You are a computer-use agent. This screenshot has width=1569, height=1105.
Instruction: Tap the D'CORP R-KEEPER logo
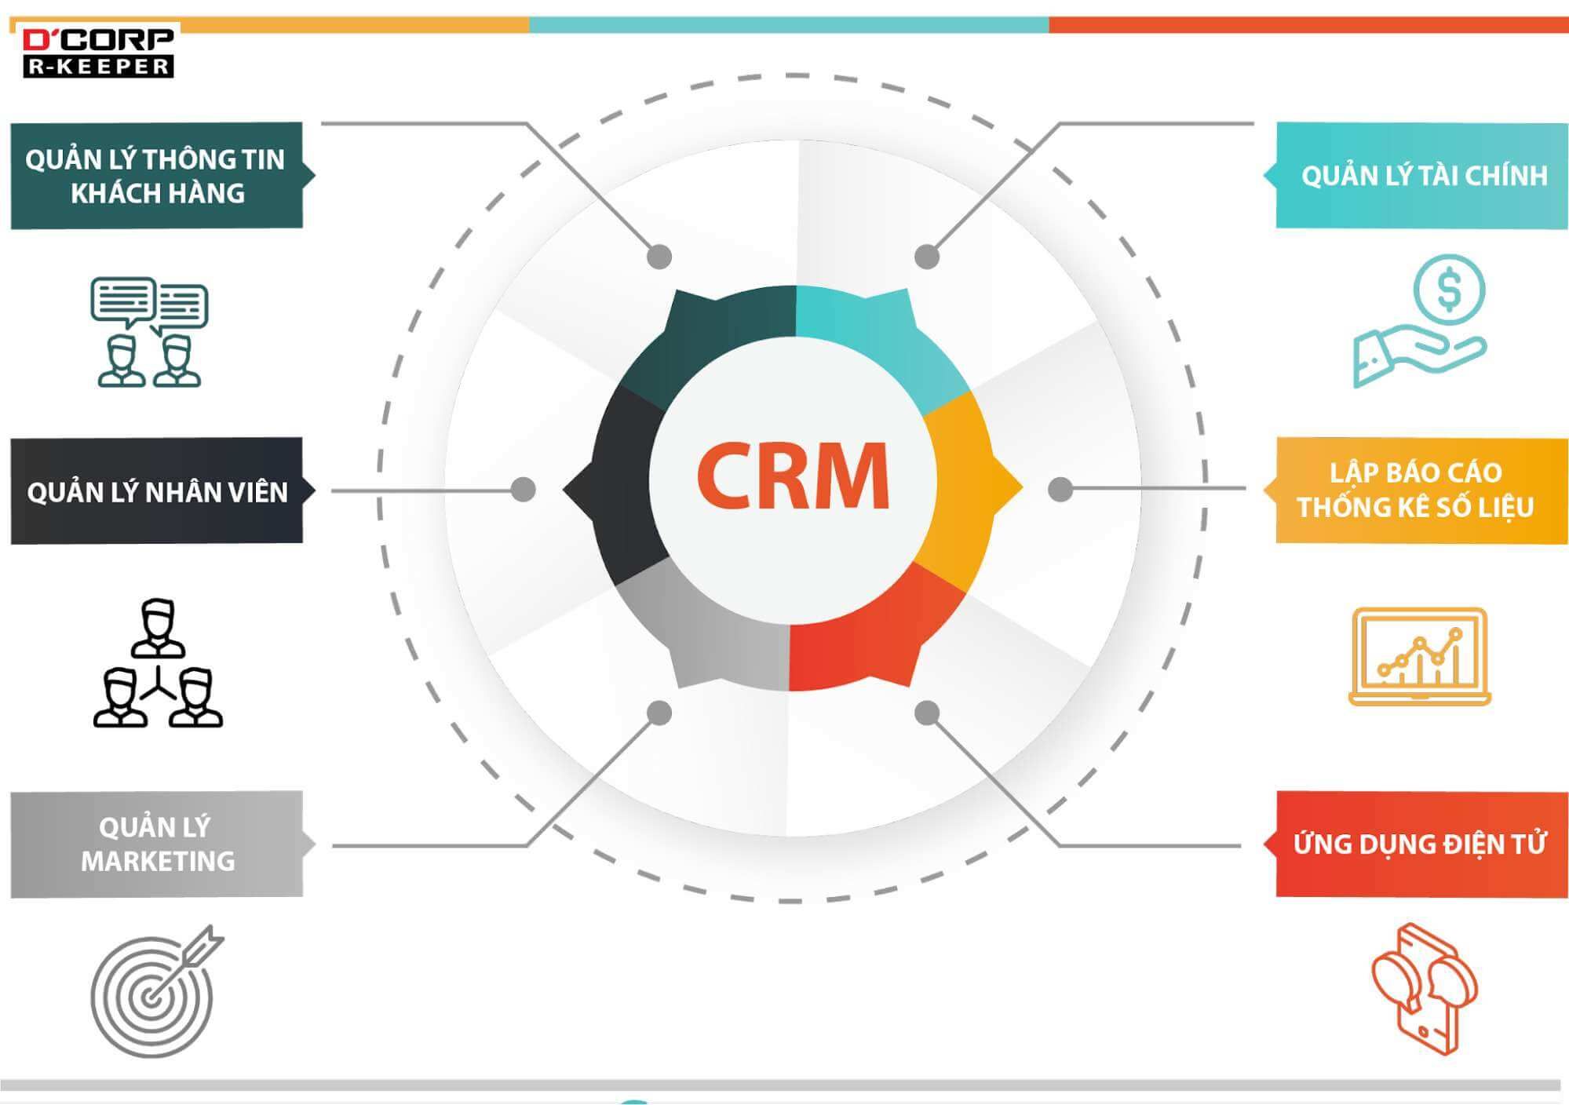(x=97, y=53)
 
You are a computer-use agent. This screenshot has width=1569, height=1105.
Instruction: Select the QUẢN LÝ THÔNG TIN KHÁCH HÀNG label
(x=157, y=176)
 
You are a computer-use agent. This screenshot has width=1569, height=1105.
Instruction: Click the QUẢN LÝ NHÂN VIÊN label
(x=157, y=491)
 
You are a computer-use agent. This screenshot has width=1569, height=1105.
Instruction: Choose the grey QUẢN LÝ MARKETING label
(x=157, y=844)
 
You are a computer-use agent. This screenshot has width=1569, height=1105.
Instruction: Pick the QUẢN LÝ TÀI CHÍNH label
(x=1422, y=176)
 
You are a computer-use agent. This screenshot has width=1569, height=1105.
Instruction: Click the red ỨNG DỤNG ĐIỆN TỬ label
(x=1419, y=844)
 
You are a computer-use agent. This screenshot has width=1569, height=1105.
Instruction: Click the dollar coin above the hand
(x=1449, y=290)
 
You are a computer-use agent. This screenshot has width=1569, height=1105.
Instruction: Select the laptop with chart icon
(x=1419, y=657)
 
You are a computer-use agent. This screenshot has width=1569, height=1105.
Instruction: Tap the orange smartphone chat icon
(x=1424, y=989)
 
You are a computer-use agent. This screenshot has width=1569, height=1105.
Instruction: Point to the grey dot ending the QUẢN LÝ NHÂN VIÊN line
(x=523, y=490)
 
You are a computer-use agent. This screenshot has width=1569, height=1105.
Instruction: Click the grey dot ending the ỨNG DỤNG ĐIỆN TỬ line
(x=927, y=713)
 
